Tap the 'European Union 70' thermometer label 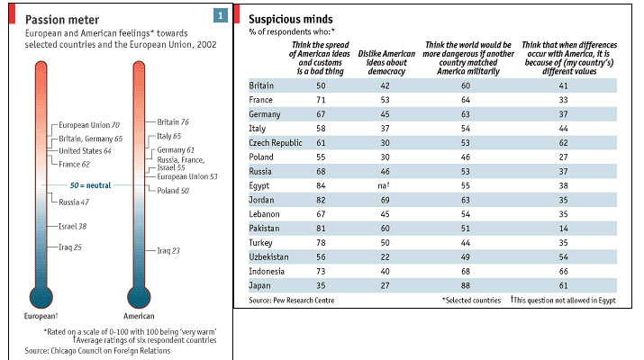[x=89, y=125]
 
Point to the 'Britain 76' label [x=172, y=121]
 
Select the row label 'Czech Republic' [x=276, y=142]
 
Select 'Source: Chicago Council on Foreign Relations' [x=97, y=350]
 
